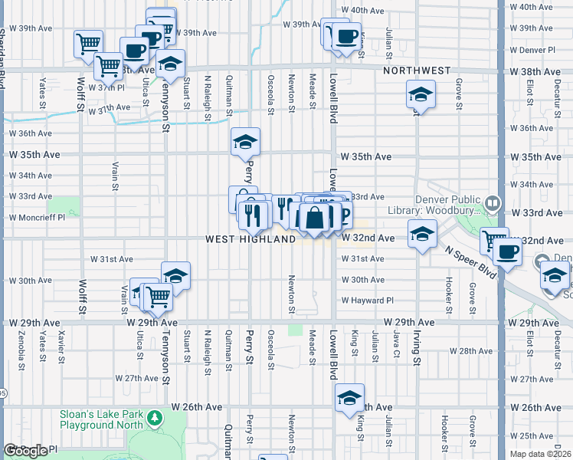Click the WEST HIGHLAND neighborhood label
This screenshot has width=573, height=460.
point(250,239)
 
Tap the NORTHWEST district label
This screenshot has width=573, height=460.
point(417,71)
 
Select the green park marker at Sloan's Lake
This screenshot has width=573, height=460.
point(156,418)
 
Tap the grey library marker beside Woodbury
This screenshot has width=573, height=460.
point(493,204)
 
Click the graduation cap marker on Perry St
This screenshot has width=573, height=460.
point(246,142)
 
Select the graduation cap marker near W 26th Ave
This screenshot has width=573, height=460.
point(349,398)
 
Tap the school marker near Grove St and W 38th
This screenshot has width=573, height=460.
point(419,95)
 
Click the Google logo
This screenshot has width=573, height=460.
point(26,451)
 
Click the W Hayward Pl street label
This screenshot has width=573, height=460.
point(367,301)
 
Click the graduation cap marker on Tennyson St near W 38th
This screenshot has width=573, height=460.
point(171,64)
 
